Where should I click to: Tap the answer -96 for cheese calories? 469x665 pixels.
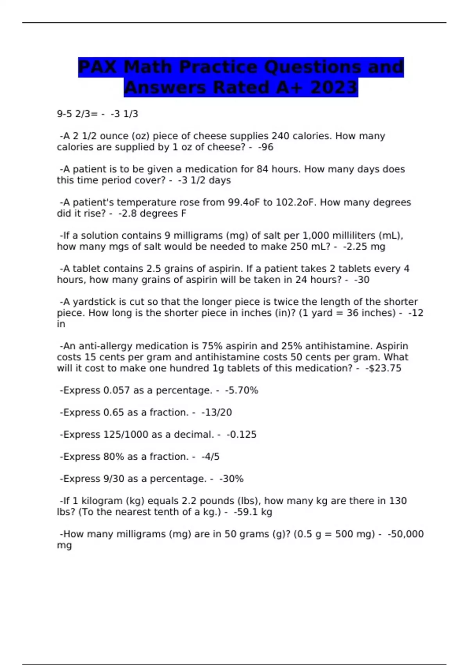point(266,147)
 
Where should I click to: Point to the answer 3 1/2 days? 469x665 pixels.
point(204,180)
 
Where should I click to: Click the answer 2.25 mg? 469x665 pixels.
point(364,246)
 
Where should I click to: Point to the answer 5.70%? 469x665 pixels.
point(242,390)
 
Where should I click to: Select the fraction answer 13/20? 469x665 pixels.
point(217,412)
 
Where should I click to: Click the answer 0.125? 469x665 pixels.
point(242,435)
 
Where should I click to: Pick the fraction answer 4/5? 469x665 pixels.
point(211,457)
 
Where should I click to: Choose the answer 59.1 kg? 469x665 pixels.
point(253,512)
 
